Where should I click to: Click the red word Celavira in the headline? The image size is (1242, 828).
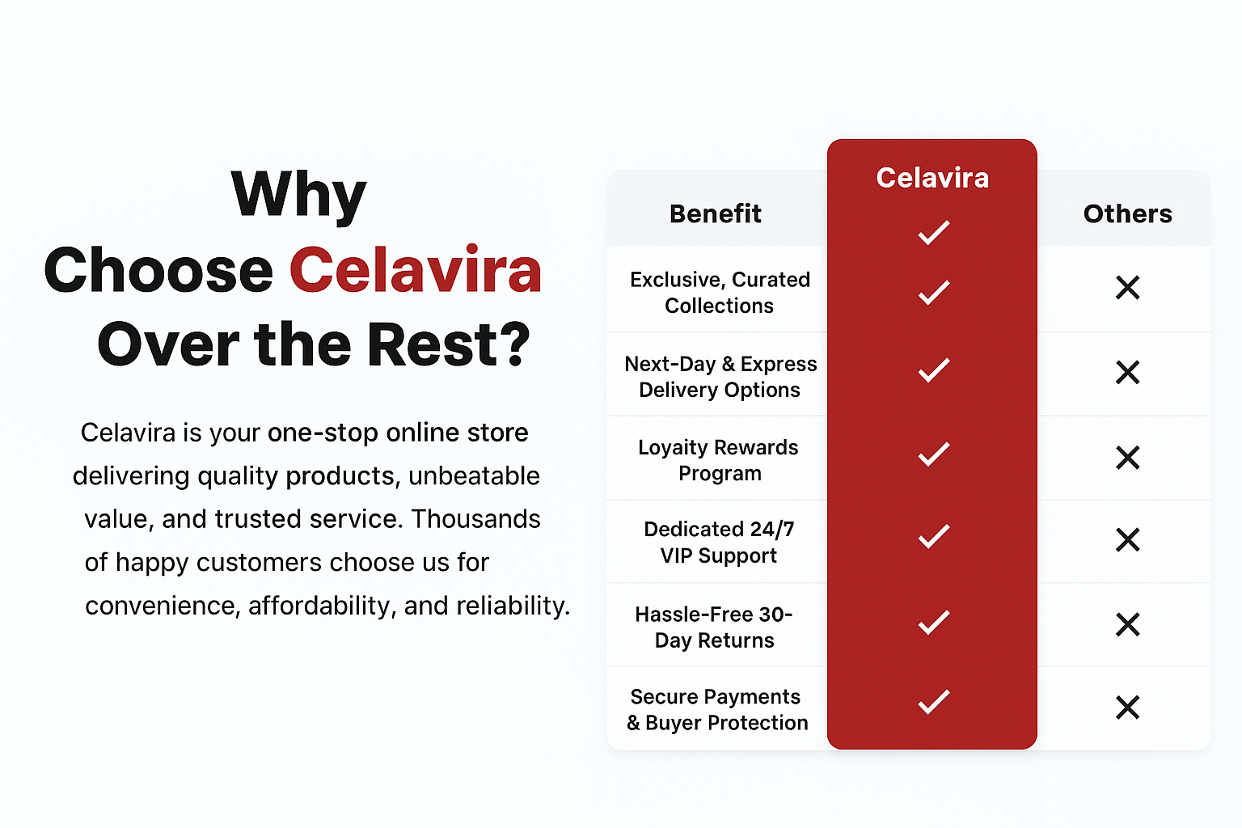pyautogui.click(x=416, y=270)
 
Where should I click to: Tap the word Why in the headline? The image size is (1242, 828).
pyautogui.click(x=299, y=195)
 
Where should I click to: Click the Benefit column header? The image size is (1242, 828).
pyautogui.click(x=716, y=213)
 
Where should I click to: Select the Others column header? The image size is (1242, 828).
pyautogui.click(x=1128, y=213)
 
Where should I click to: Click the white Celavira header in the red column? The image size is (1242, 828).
pyautogui.click(x=932, y=178)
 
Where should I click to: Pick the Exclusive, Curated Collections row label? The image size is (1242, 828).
pyautogui.click(x=720, y=293)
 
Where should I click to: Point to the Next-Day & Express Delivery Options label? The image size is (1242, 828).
pyautogui.click(x=720, y=377)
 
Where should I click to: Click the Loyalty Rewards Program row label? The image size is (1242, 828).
pyautogui.click(x=719, y=460)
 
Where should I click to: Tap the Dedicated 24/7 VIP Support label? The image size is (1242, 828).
pyautogui.click(x=719, y=543)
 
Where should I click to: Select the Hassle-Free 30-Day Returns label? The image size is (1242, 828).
pyautogui.click(x=714, y=627)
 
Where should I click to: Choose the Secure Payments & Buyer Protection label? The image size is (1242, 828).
pyautogui.click(x=717, y=710)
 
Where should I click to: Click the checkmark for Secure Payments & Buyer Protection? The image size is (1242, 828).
pyautogui.click(x=934, y=702)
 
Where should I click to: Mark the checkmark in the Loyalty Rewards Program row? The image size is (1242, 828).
pyautogui.click(x=934, y=454)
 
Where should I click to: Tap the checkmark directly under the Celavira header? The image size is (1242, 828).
pyautogui.click(x=934, y=232)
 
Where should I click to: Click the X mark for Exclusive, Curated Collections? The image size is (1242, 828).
pyautogui.click(x=1128, y=288)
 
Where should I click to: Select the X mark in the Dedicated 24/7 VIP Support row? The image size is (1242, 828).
pyautogui.click(x=1128, y=539)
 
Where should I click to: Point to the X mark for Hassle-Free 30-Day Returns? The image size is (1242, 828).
pyautogui.click(x=1128, y=624)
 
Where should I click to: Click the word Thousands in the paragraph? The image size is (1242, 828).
pyautogui.click(x=475, y=519)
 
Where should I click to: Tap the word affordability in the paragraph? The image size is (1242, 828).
pyautogui.click(x=322, y=606)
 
